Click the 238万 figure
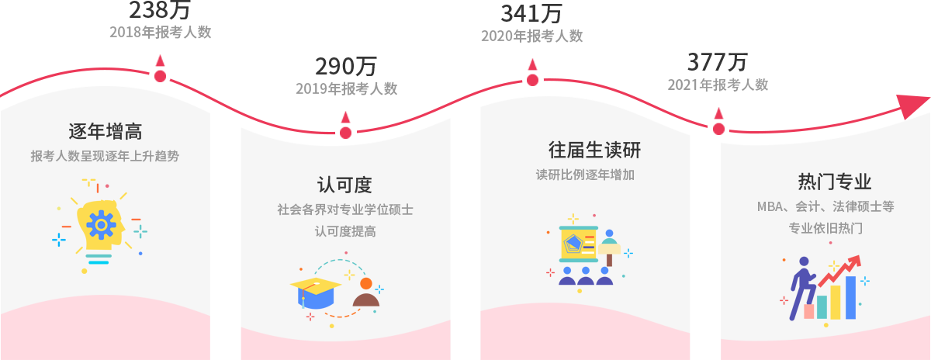(159, 10)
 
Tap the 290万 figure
(345, 67)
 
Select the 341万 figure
(531, 14)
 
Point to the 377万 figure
(718, 61)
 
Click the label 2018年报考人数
(160, 32)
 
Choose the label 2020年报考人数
(531, 36)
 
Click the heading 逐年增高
(105, 130)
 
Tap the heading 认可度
(345, 185)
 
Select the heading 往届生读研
(595, 149)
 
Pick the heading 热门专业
(835, 182)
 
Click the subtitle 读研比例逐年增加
(585, 175)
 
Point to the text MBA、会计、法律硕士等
(825, 207)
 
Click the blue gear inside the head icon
(101, 225)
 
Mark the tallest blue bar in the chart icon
(850, 298)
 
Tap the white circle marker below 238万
(159, 78)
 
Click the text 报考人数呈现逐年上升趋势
(105, 156)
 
